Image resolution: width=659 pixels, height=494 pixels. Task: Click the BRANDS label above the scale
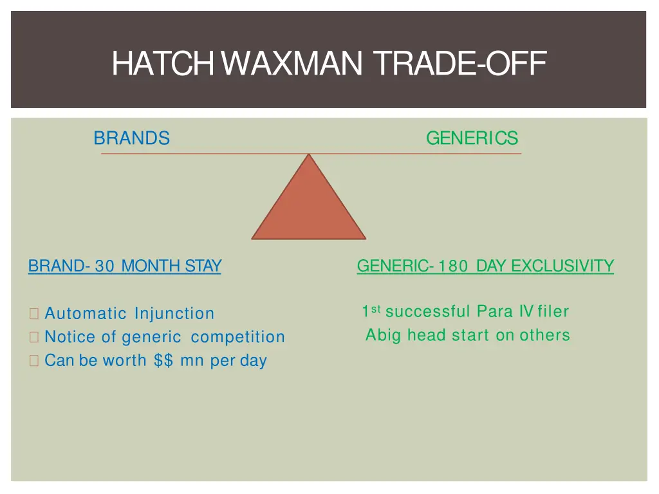132,138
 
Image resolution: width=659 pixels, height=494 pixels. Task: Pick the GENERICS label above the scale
472,138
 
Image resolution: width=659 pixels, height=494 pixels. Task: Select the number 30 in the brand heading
104,266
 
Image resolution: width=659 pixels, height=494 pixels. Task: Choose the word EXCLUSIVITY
562,266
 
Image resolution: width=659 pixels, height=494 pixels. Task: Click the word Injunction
174,314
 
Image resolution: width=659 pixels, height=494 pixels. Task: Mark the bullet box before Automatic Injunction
34,315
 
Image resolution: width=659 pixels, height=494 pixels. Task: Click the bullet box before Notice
34,338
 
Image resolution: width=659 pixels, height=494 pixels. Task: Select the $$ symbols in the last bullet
164,361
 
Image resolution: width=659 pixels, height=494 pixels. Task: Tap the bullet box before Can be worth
34,361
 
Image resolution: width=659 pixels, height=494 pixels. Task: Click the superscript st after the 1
376,309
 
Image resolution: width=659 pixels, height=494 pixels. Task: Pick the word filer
553,312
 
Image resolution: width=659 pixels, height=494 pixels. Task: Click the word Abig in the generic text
384,335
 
